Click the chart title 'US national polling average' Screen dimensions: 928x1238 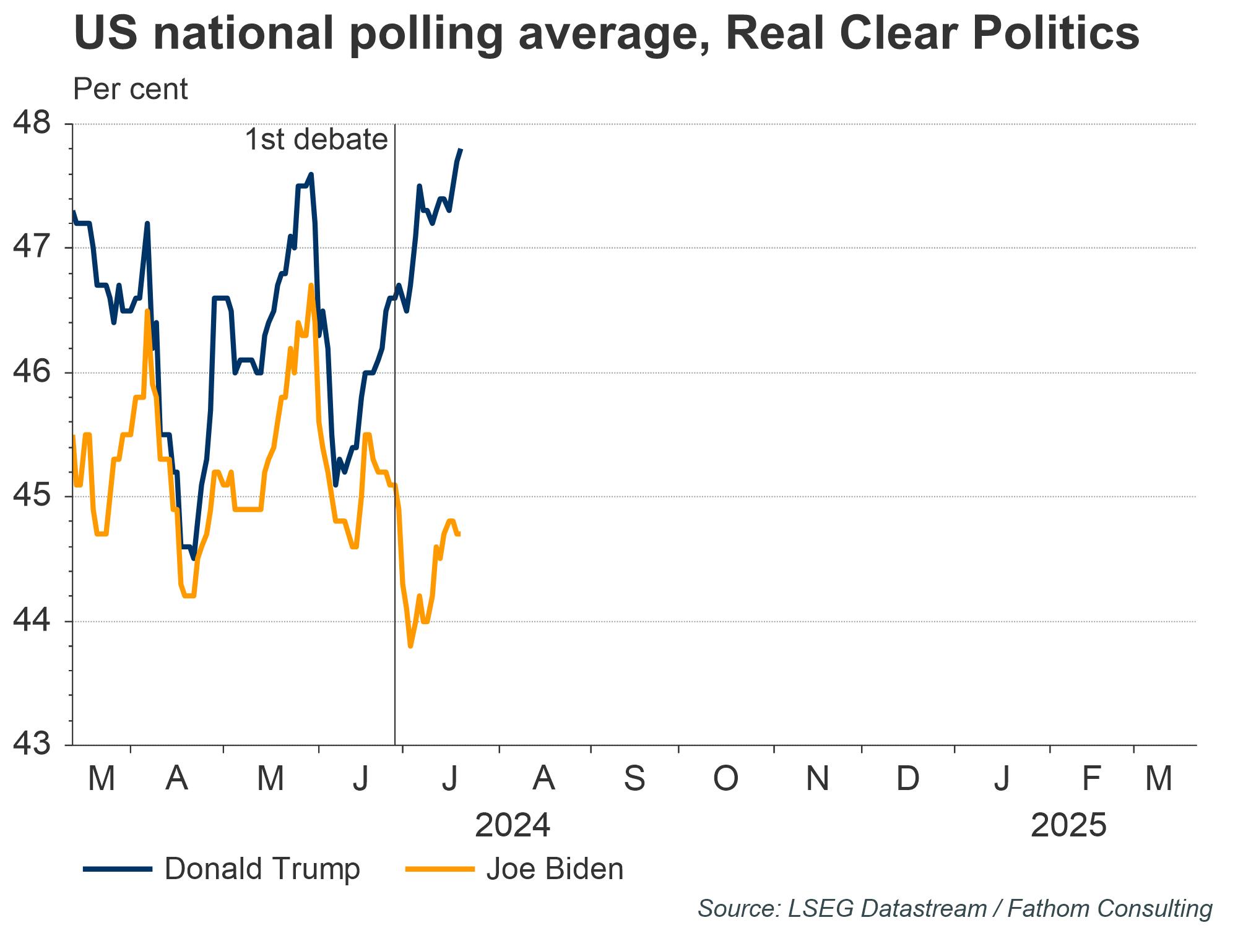coord(605,32)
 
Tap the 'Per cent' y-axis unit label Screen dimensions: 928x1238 coord(130,89)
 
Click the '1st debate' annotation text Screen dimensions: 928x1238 coord(316,140)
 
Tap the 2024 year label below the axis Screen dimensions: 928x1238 coord(513,825)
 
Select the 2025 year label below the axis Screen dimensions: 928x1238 coord(1068,825)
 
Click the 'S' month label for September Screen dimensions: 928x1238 coord(634,778)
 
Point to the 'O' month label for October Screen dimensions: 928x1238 coord(725,778)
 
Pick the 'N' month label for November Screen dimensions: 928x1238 coord(817,778)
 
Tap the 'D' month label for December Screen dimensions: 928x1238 coord(908,778)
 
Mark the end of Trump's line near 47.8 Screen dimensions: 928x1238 coord(461,149)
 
